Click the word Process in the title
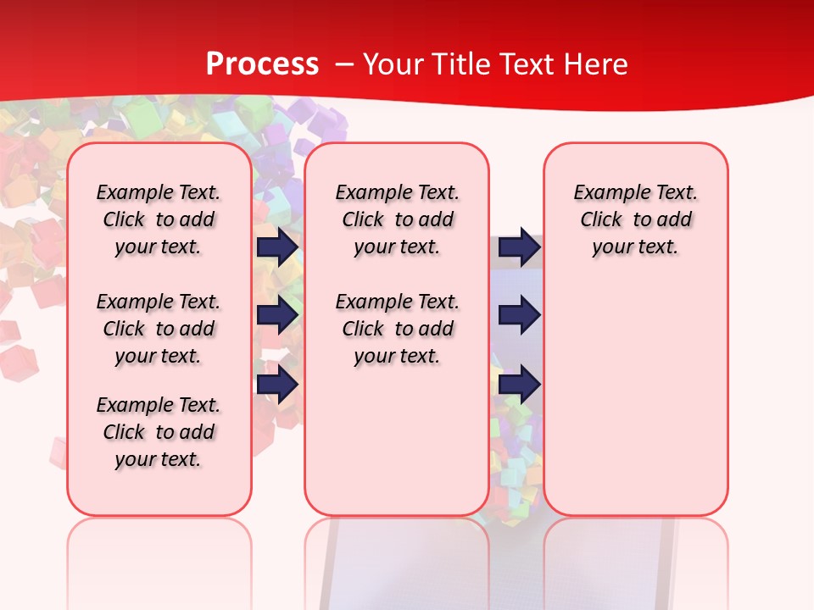[262, 64]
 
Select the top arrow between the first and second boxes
[277, 247]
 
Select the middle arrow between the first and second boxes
[277, 315]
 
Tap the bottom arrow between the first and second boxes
[277, 385]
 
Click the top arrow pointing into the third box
[519, 247]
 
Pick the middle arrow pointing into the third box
[519, 315]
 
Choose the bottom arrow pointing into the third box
[519, 385]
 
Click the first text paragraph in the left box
[159, 219]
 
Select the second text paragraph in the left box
[159, 329]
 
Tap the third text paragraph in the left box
[159, 432]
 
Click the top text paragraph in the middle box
[397, 219]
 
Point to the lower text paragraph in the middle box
[397, 329]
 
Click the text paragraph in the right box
[635, 219]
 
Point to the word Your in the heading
[394, 64]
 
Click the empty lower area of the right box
[635, 398]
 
